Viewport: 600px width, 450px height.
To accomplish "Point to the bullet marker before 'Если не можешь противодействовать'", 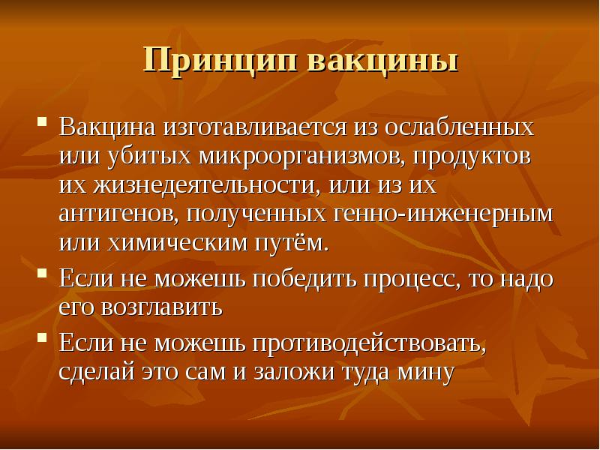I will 43,337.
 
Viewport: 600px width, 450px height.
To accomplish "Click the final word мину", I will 426,372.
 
